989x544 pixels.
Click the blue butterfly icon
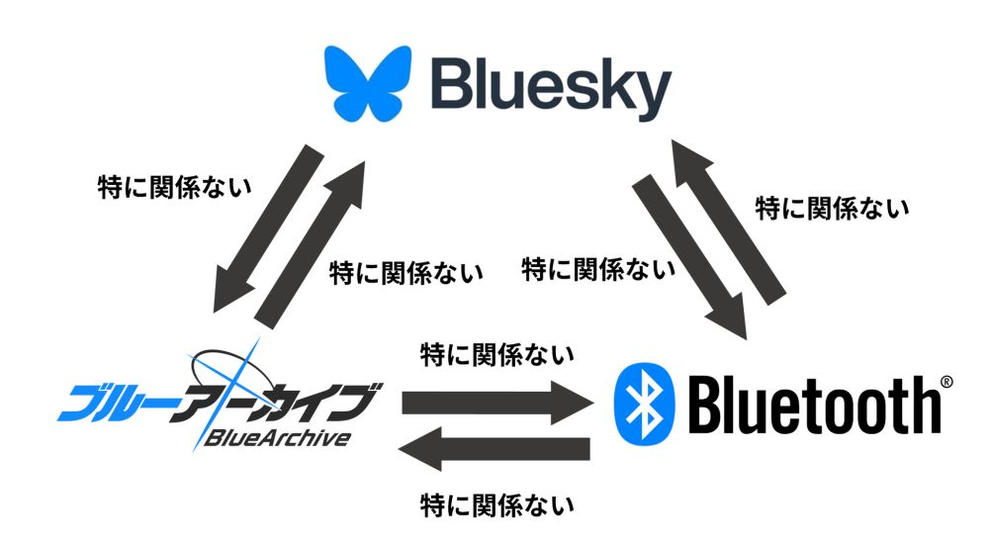click(368, 82)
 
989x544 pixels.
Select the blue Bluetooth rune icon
click(644, 405)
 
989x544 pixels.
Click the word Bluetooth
click(814, 405)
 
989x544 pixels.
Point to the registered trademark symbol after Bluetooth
click(946, 382)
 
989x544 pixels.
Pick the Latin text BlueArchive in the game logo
click(278, 437)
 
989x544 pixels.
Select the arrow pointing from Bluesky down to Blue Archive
click(267, 229)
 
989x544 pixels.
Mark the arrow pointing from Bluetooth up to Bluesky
click(728, 222)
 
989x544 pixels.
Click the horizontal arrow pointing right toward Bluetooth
click(497, 402)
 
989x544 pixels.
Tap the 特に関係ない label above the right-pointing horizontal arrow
click(497, 355)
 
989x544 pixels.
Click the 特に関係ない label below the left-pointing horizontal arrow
click(497, 505)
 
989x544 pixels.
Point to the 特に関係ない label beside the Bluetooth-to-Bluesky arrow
click(833, 209)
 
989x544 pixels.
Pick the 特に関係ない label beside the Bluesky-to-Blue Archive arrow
click(175, 187)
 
